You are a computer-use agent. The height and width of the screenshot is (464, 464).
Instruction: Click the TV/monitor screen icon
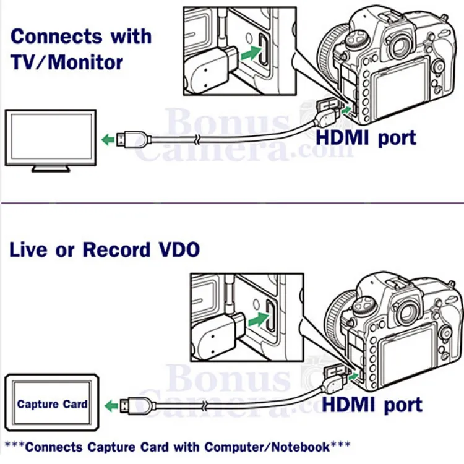51,137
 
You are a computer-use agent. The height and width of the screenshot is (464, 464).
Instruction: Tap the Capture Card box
51,405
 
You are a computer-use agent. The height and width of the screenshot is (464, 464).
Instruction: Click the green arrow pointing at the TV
108,139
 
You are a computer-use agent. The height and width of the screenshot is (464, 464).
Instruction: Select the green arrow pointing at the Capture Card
111,406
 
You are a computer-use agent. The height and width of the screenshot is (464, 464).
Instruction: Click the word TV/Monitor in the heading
67,62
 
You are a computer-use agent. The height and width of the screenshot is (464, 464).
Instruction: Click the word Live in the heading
28,250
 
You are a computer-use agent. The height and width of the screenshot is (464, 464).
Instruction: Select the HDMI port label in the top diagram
366,137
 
